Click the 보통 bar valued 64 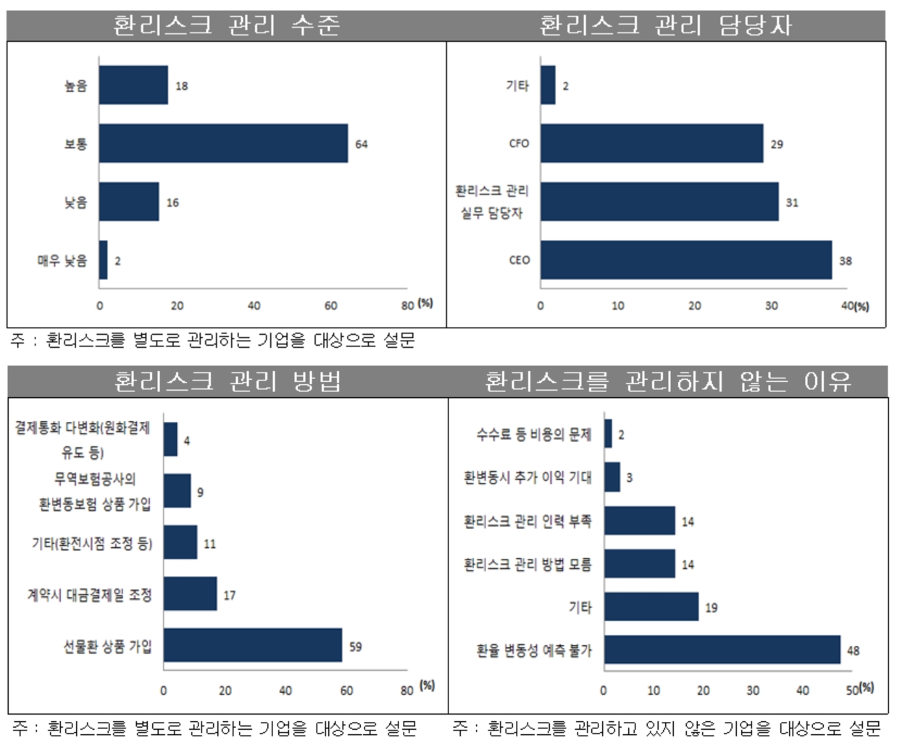[x=223, y=143]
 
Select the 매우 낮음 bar [x=104, y=260]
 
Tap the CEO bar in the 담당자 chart [x=685, y=260]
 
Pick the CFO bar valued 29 [x=651, y=143]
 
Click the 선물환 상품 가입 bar [x=252, y=645]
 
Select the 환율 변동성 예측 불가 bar [x=722, y=650]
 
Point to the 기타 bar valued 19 [x=651, y=607]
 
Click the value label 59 [x=355, y=646]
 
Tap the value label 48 [x=853, y=651]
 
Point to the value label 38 [x=845, y=261]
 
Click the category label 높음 [x=75, y=86]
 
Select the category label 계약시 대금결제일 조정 [x=90, y=595]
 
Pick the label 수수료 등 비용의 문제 [x=533, y=434]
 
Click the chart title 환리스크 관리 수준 [x=226, y=25]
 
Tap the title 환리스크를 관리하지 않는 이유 [x=667, y=381]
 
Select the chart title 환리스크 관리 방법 [x=227, y=381]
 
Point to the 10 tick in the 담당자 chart [x=617, y=306]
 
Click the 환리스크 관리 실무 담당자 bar [x=659, y=201]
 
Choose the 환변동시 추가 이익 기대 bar [x=612, y=477]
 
